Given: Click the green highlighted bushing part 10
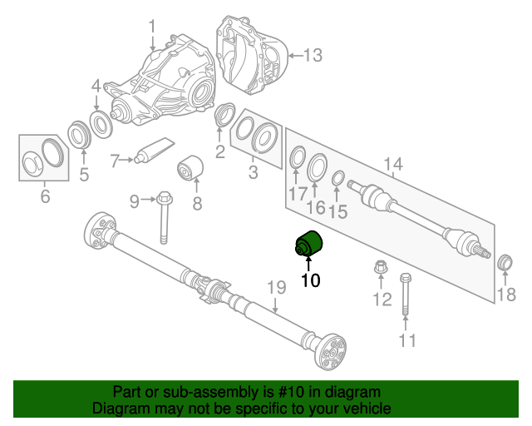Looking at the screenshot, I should click(311, 245).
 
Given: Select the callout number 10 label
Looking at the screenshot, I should click(310, 281).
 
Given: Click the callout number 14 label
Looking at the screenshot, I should click(392, 165).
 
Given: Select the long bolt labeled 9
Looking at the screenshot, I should click(163, 219).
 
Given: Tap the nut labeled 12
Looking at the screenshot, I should click(381, 269).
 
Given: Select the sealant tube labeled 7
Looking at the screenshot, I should click(155, 152).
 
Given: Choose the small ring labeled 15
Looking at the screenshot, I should click(338, 178).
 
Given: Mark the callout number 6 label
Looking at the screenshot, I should click(45, 197).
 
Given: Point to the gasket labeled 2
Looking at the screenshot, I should click(223, 115).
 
